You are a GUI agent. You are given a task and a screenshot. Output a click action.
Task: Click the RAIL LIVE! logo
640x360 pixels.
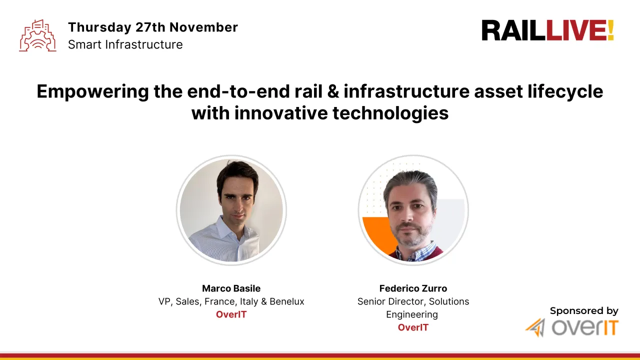click(x=547, y=30)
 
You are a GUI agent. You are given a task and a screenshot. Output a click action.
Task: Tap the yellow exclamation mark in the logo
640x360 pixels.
click(x=610, y=30)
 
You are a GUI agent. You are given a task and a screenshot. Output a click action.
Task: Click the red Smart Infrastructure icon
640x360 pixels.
click(x=37, y=35)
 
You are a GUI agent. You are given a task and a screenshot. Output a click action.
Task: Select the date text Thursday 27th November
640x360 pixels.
click(x=152, y=27)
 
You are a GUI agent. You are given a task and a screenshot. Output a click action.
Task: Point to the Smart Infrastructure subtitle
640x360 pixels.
click(x=125, y=44)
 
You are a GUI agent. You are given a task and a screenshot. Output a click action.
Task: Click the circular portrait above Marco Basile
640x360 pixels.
click(x=231, y=210)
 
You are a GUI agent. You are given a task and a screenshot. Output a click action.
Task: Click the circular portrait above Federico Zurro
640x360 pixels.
click(x=413, y=210)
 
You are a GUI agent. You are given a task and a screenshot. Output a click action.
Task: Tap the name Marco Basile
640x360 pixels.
click(x=231, y=288)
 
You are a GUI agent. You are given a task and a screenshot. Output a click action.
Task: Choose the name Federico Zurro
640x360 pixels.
click(x=413, y=288)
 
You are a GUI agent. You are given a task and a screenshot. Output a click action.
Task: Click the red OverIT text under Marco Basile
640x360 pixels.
click(x=231, y=314)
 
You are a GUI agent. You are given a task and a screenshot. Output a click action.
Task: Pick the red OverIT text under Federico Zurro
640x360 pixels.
click(x=413, y=327)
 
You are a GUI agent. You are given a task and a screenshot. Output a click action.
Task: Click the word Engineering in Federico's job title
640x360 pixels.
click(x=411, y=314)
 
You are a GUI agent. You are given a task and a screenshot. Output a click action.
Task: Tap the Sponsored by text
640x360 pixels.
click(x=583, y=311)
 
